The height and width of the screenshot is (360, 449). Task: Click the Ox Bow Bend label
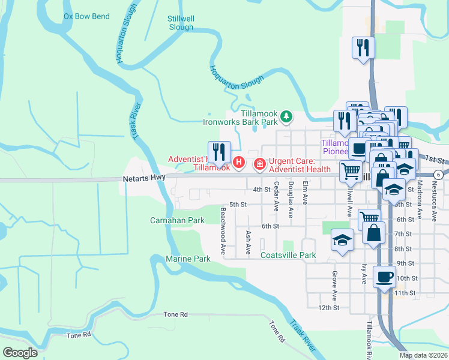[x=86, y=16]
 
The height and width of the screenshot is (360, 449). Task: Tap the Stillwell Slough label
[x=181, y=23]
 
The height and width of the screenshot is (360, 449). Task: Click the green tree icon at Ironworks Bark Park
[x=287, y=116]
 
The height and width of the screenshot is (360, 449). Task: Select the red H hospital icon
[x=239, y=162]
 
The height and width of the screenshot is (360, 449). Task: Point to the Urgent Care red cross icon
[x=260, y=163]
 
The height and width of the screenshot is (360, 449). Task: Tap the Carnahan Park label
[x=177, y=220]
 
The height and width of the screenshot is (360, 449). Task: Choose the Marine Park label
[x=188, y=259]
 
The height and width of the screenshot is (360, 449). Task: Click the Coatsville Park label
[x=288, y=255]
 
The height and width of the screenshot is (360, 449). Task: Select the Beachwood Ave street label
[x=223, y=231]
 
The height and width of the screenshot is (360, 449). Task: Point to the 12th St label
[x=329, y=307]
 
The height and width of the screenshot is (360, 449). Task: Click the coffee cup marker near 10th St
[x=384, y=277]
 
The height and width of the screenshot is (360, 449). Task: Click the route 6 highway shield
[x=439, y=175]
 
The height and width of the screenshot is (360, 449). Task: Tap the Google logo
[x=20, y=352]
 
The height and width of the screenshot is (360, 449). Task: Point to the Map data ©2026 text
[x=423, y=355]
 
